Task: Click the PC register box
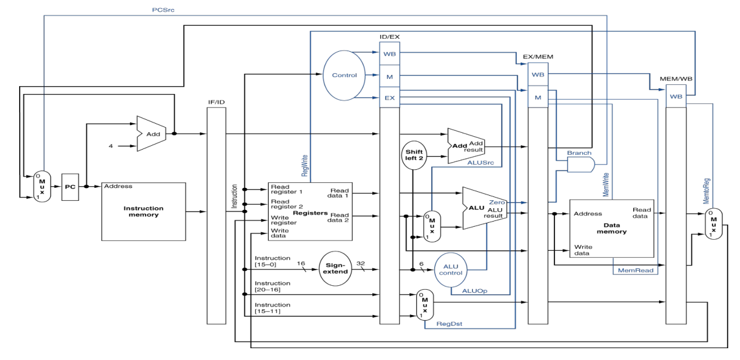pos(70,187)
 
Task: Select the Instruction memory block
pos(143,211)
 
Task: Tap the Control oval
pos(344,75)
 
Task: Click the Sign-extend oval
pos(335,268)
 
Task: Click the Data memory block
pos(611,228)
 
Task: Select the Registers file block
pos(310,213)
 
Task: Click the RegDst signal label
pos(449,323)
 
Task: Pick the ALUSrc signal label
pos(481,162)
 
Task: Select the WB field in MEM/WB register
pos(676,97)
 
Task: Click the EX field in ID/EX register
pos(389,97)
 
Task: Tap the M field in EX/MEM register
pos(538,97)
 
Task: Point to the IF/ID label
pos(216,102)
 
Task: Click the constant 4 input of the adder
pos(111,146)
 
